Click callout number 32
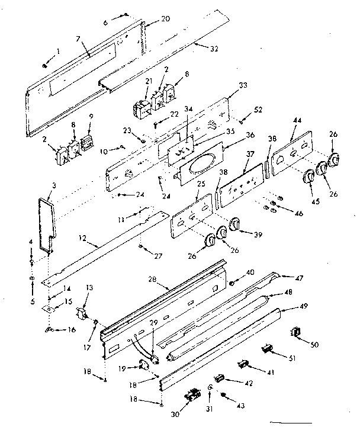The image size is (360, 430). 213,48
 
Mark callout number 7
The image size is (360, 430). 78,38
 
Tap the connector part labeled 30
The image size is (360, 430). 192,396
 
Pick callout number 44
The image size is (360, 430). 295,120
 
